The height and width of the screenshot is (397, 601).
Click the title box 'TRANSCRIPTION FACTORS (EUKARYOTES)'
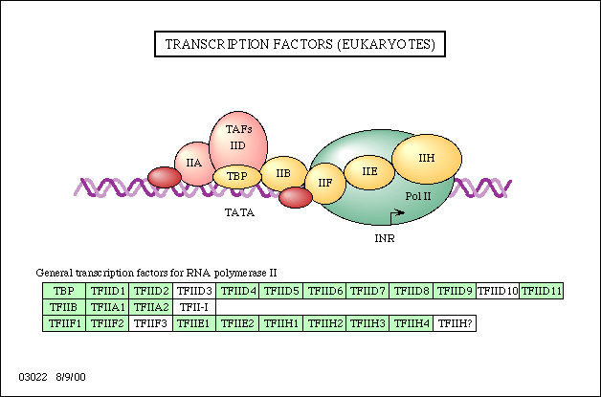coord(300,44)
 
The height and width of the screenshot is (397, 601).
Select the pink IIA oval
coord(193,164)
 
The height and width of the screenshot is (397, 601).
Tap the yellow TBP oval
coord(237,176)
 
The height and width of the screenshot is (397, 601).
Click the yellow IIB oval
coord(283,173)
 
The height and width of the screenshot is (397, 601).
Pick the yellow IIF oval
coord(325,183)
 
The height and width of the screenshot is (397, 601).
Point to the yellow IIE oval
coord(369,172)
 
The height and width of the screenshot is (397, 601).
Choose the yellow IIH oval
coord(427,159)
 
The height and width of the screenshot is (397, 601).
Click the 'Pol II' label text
coord(418,196)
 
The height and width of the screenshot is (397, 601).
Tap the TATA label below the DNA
coord(239,212)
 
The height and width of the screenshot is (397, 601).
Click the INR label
coord(385,238)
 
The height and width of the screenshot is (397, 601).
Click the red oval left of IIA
coord(165,177)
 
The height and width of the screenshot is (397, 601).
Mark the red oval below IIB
coord(296,197)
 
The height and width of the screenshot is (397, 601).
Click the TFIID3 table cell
coord(194,291)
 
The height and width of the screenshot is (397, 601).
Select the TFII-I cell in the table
coord(194,307)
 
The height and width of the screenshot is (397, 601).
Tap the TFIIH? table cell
coord(455,323)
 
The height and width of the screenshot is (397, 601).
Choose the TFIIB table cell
coord(64,307)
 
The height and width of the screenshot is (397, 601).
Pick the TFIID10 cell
coord(498,291)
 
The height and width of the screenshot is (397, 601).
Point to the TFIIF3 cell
coord(151,323)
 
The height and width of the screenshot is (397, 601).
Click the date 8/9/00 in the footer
coord(71,377)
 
